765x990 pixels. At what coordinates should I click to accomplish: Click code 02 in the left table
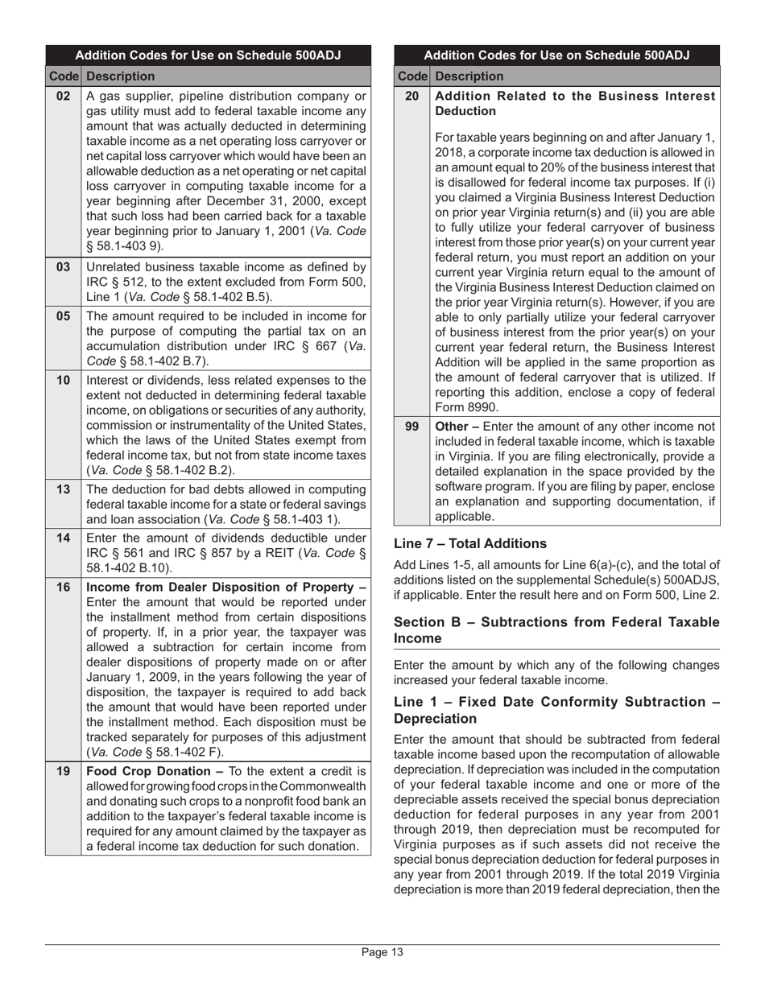pos(63,97)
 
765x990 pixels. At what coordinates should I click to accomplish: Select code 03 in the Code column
pos(63,267)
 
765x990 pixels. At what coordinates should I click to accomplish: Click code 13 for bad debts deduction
pos(63,489)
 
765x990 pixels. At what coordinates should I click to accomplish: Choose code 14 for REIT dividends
pos(63,538)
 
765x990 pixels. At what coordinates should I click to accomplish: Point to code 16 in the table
pos(63,587)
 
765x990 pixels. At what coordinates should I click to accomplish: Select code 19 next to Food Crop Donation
pos(63,771)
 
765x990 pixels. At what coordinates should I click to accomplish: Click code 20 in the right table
pos(411,97)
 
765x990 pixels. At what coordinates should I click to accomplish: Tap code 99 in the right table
pos(411,427)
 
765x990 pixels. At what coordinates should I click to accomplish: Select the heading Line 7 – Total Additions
pos(470,543)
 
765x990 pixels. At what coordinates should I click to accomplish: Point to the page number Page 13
pos(382,953)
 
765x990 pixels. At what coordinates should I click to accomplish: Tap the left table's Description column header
pos(120,76)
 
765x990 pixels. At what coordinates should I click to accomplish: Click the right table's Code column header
pos(412,76)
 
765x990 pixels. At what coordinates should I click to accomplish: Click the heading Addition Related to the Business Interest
pos(573,97)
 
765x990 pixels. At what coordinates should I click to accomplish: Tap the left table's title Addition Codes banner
pos(208,56)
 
